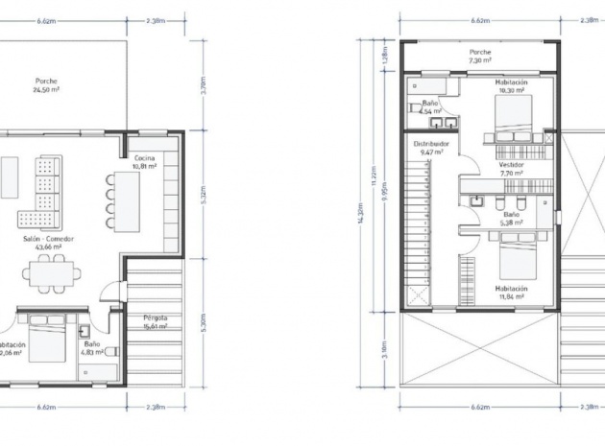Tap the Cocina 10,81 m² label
pyautogui.click(x=145, y=161)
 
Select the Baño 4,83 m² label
pyautogui.click(x=92, y=347)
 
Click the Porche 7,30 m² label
pyautogui.click(x=480, y=57)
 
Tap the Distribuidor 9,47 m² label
pyautogui.click(x=431, y=148)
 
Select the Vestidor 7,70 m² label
pyautogui.click(x=511, y=169)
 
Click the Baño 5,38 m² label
pyautogui.click(x=510, y=219)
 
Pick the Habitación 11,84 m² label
pyautogui.click(x=511, y=293)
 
